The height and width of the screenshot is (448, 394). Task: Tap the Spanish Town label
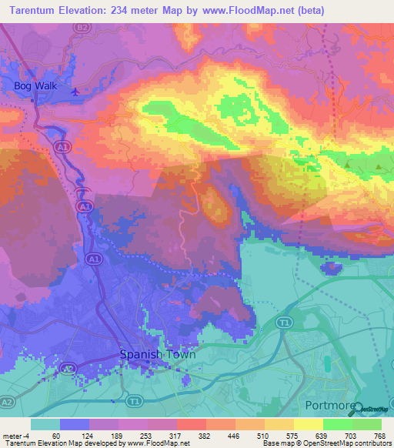click(158, 355)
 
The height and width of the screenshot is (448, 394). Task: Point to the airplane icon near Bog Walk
click(75, 92)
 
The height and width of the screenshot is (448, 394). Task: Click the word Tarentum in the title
click(35, 11)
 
